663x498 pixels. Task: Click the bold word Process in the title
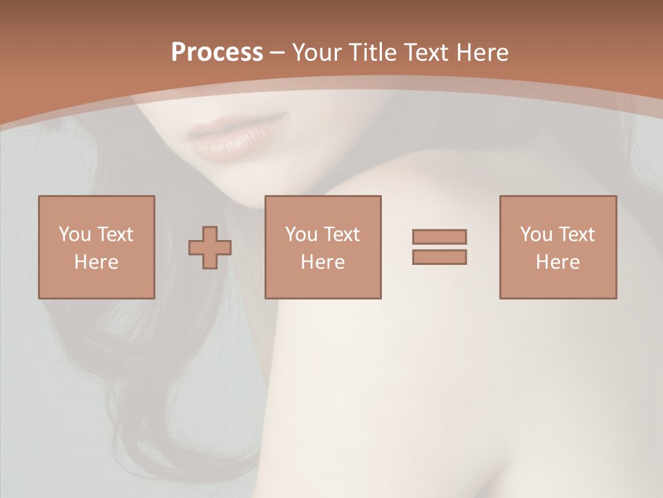tap(217, 53)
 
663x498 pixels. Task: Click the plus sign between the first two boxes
tap(210, 247)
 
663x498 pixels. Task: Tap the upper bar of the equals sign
tap(439, 237)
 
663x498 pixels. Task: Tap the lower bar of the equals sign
tap(439, 257)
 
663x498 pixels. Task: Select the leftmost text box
tap(96, 247)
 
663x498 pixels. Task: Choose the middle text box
tap(323, 247)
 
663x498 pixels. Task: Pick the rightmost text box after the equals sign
tap(557, 247)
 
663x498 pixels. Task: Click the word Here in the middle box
tap(323, 262)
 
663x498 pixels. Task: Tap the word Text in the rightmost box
tap(577, 234)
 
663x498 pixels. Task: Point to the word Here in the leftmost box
tap(96, 262)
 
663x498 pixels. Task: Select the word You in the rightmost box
tap(536, 234)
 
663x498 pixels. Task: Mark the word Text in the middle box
tap(342, 234)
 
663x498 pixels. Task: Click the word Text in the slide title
tap(423, 53)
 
